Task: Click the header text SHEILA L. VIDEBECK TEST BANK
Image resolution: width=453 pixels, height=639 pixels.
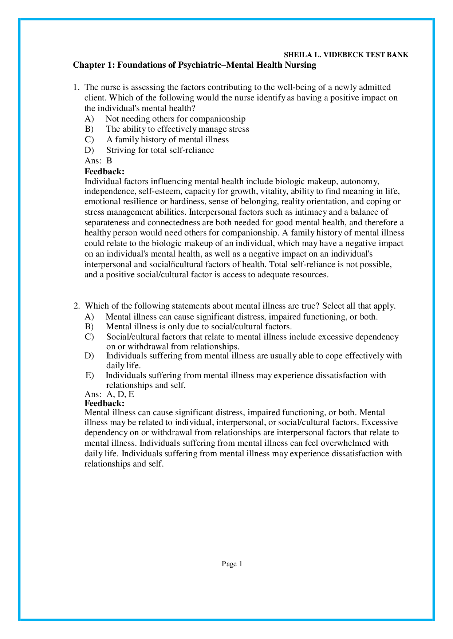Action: pos(346,55)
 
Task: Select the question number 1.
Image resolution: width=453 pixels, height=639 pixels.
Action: pos(75,87)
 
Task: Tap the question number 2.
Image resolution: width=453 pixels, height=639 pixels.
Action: pos(76,306)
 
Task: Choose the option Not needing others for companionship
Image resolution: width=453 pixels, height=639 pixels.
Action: pos(176,119)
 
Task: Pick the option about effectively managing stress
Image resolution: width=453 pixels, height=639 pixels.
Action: pos(177,129)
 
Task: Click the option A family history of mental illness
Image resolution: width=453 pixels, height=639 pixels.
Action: pos(168,140)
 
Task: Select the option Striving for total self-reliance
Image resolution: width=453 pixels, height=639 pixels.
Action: pos(160,150)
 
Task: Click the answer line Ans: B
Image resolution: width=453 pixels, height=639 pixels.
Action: pos(98,161)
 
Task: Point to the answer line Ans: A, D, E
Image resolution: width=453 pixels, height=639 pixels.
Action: pos(109,394)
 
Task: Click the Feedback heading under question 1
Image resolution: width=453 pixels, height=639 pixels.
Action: pos(105,171)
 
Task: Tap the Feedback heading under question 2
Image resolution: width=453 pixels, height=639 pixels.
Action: pos(105,403)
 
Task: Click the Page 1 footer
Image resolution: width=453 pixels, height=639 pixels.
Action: pos(232,564)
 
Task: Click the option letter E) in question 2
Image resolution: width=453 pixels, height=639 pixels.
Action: pos(90,375)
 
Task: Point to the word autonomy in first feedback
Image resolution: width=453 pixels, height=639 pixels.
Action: pos(361,181)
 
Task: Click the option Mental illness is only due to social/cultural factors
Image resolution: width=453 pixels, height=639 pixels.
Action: pos(199,327)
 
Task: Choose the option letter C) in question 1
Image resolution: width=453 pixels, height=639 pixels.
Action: pos(89,140)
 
